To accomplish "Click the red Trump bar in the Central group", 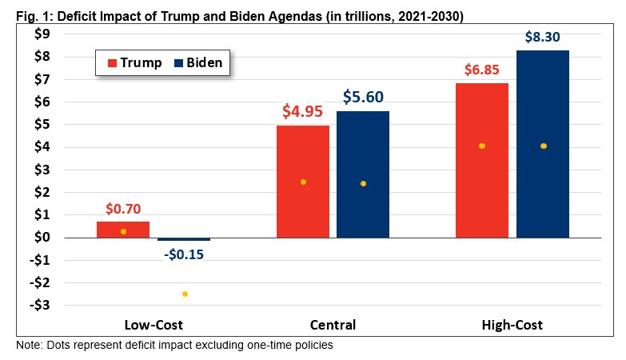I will click(x=302, y=182).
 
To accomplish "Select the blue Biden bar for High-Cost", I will click(x=543, y=144).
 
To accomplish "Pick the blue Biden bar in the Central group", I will click(x=363, y=174).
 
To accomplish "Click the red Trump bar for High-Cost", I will click(x=482, y=160).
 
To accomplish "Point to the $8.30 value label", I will click(x=543, y=37).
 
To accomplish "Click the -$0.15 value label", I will click(x=184, y=254).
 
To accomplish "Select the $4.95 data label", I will click(x=302, y=111).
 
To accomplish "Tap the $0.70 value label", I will click(x=123, y=209).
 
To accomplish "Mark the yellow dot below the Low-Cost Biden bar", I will click(x=185, y=294).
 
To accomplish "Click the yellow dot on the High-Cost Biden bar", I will click(x=544, y=146).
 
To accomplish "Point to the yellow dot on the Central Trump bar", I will click(x=303, y=182).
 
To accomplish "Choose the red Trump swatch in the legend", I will click(x=111, y=62).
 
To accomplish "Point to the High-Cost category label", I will click(x=512, y=325).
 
